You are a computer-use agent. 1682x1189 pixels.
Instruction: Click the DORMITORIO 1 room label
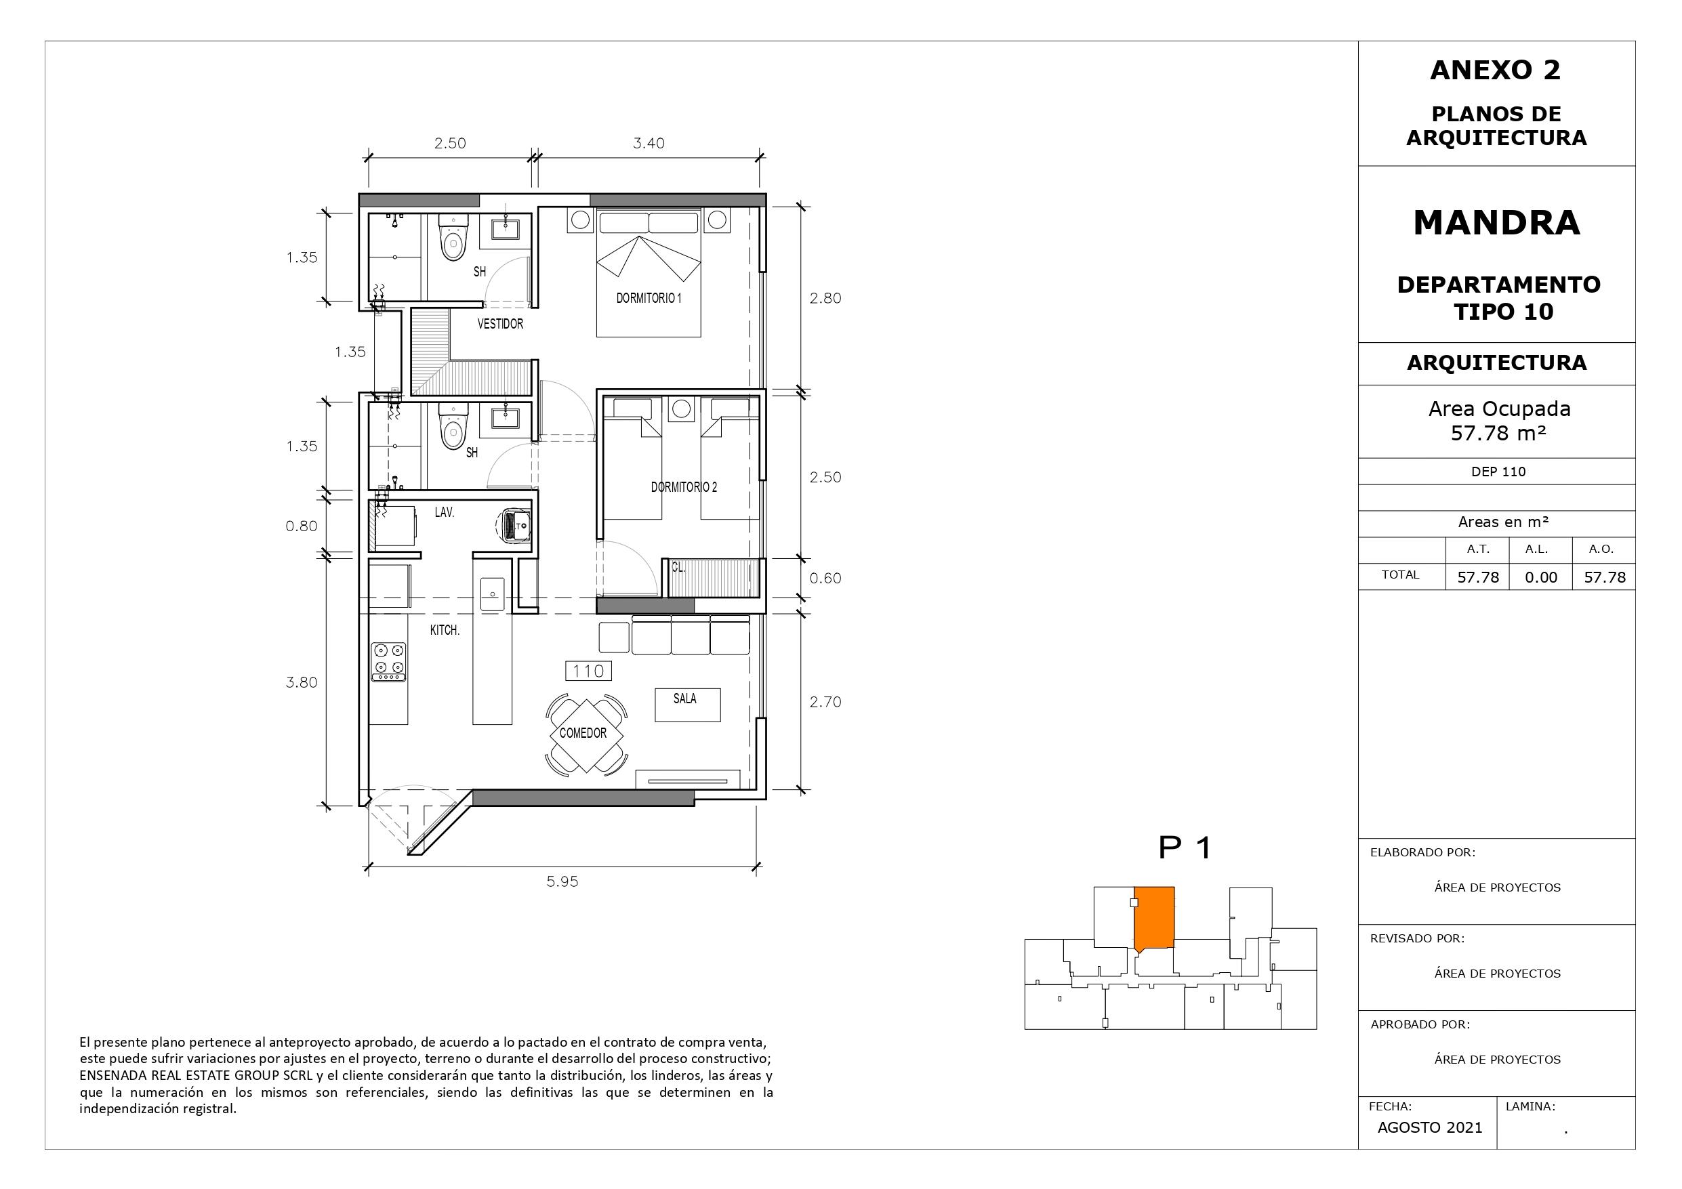pyautogui.click(x=649, y=298)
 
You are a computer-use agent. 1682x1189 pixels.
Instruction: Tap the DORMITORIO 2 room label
pyautogui.click(x=684, y=487)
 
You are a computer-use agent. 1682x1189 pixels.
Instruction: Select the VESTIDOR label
pyautogui.click(x=500, y=324)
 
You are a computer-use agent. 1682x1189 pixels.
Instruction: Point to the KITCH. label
pyautogui.click(x=445, y=630)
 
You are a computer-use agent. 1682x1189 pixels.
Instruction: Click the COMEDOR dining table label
pyautogui.click(x=583, y=733)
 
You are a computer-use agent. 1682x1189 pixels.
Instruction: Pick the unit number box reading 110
pyautogui.click(x=588, y=671)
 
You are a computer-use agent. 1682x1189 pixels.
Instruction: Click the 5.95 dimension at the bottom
pyautogui.click(x=562, y=882)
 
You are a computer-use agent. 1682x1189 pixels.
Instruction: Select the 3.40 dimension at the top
pyautogui.click(x=649, y=144)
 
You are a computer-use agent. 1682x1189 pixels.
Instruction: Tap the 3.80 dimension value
pyautogui.click(x=302, y=683)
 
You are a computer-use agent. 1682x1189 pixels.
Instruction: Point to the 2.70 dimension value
pyautogui.click(x=825, y=702)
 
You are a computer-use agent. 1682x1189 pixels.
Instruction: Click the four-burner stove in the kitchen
pyautogui.click(x=388, y=663)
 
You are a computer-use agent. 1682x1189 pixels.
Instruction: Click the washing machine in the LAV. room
pyautogui.click(x=515, y=525)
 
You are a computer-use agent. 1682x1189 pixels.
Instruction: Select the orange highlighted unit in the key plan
pyautogui.click(x=1154, y=919)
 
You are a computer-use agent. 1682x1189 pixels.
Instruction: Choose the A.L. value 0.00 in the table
pyautogui.click(x=1540, y=577)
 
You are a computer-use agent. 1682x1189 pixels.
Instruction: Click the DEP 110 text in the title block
pyautogui.click(x=1498, y=472)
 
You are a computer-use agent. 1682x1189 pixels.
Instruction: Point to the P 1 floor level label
pyautogui.click(x=1185, y=848)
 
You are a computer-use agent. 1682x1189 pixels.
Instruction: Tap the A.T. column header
pyautogui.click(x=1477, y=549)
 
